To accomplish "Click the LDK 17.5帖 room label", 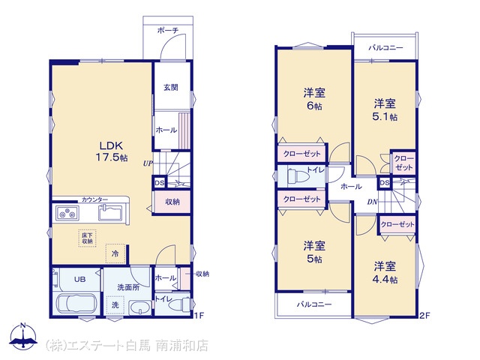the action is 112,151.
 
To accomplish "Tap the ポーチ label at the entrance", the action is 168,30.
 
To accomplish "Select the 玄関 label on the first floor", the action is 171,87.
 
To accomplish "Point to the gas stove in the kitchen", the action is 67,212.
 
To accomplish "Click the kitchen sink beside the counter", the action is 110,212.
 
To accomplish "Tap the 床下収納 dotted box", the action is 87,238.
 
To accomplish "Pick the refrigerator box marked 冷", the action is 115,253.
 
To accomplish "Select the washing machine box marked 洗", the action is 115,305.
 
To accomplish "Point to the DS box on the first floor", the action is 159,183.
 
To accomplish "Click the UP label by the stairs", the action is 148,163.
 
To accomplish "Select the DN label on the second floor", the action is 372,202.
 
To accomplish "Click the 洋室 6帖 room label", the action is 314,99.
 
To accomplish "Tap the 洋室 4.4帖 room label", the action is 385,272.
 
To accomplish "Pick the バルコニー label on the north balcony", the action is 385,48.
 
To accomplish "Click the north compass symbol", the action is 23,336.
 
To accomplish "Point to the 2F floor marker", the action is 424,316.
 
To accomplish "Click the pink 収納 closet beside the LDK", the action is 172,202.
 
